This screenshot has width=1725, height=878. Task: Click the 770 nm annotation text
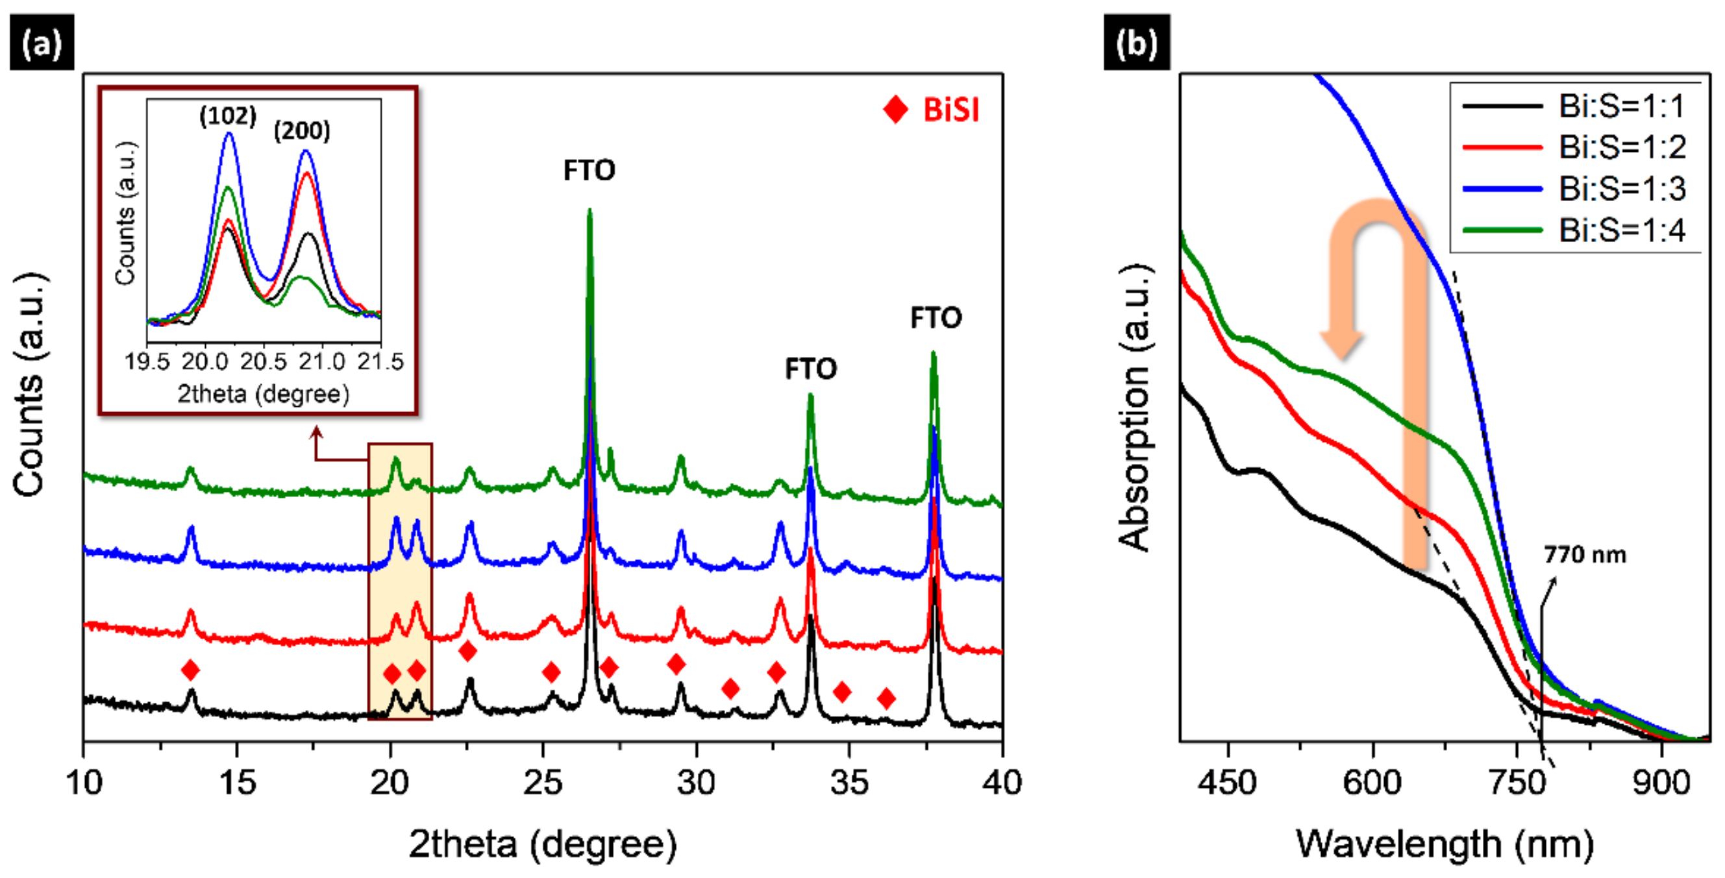(1584, 555)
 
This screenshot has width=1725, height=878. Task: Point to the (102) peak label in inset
(228, 116)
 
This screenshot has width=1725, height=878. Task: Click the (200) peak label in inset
(301, 130)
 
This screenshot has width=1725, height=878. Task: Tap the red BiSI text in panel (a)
(951, 110)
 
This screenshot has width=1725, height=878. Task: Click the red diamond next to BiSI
(895, 110)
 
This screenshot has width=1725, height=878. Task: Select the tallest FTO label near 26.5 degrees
(589, 170)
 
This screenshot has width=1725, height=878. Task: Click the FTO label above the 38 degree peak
(936, 318)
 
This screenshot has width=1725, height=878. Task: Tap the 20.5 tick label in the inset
(263, 362)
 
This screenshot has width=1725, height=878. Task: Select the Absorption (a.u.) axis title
(1134, 408)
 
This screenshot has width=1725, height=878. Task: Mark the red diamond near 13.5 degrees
(190, 669)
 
